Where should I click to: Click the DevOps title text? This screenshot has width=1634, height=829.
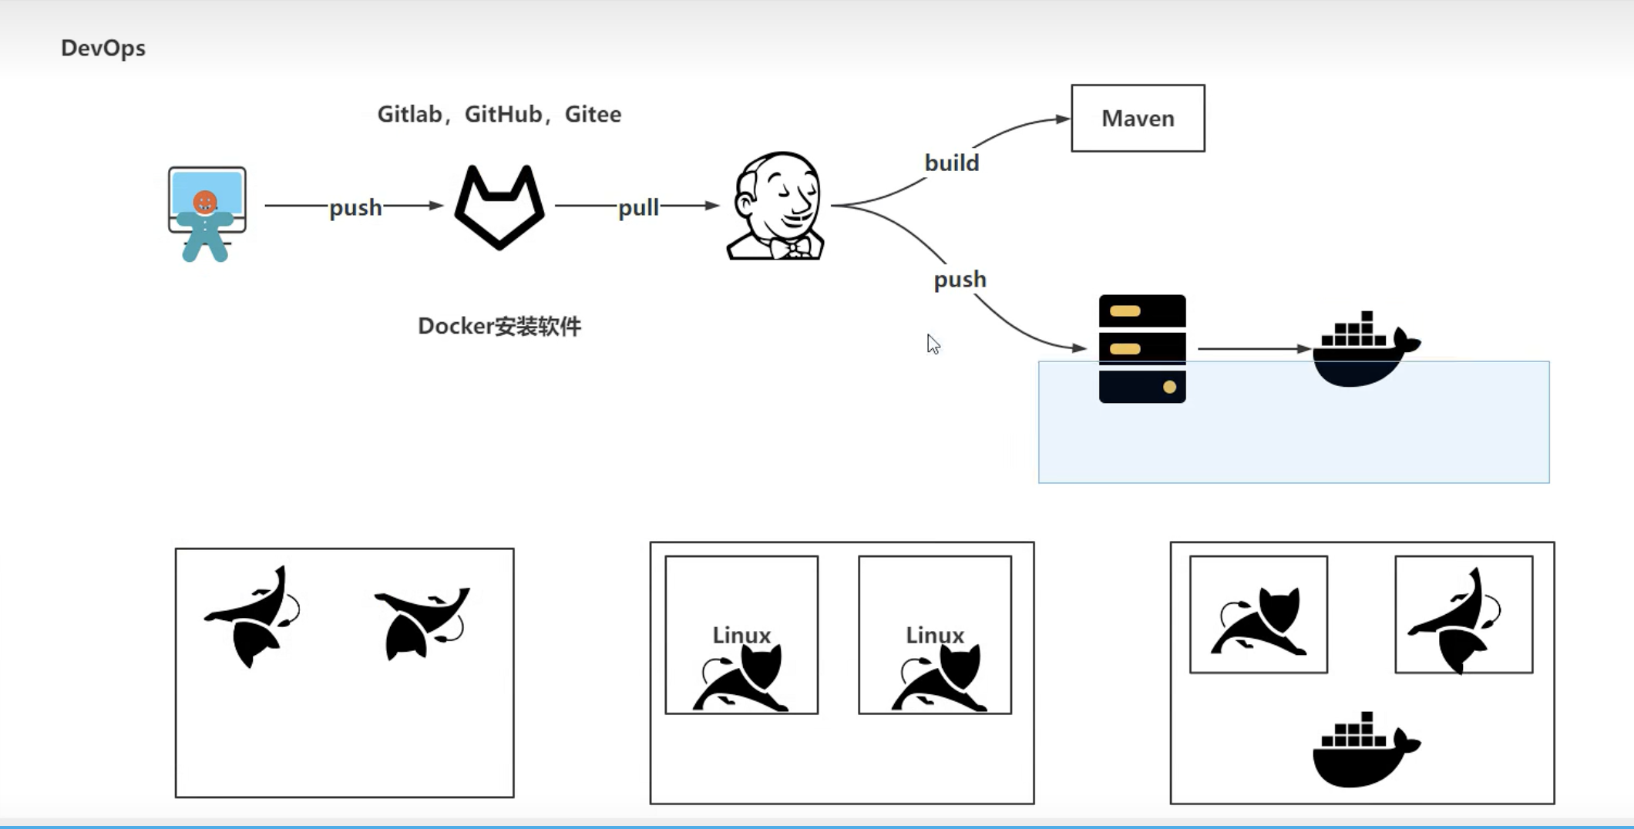pos(103,48)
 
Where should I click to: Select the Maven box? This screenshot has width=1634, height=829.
pos(1138,119)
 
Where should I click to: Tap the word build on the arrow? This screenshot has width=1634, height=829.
pos(952,163)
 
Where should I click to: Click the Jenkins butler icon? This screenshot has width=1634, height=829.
pos(776,206)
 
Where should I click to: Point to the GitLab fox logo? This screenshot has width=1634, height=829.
pos(499,206)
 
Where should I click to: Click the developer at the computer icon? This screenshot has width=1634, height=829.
pos(207,214)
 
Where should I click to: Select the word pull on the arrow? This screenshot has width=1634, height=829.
pos(638,207)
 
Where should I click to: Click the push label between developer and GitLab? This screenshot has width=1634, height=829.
pos(355,207)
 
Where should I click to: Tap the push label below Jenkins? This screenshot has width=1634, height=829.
pos(960,279)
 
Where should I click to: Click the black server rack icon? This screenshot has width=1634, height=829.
pos(1142,349)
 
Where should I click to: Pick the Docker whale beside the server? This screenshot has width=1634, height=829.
pos(1364,351)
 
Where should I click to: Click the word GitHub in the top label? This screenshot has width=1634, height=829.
pos(503,114)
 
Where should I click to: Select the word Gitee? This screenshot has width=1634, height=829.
pos(593,114)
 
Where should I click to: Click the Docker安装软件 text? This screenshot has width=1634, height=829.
pos(499,327)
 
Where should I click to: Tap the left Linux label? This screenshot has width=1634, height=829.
pos(741,635)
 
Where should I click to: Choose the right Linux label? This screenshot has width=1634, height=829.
pos(935,635)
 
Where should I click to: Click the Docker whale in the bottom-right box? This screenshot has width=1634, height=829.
pos(1364,751)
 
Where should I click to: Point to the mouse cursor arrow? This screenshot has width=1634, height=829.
pos(933,344)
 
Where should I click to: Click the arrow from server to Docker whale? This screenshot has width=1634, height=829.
pos(1252,349)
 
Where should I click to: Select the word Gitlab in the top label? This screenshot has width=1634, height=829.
pos(409,114)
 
